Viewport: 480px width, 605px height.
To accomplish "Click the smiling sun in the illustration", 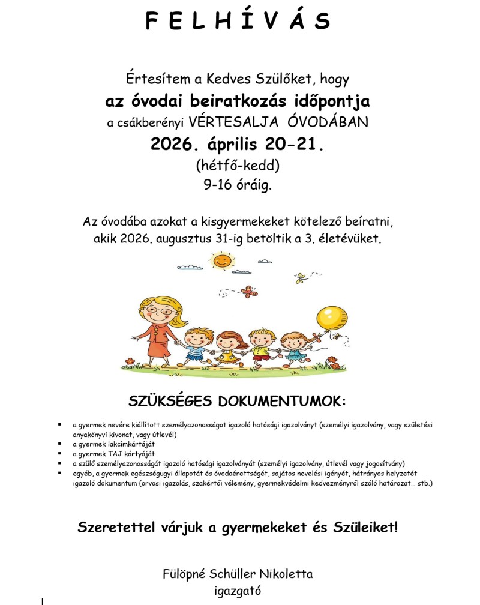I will click(x=222, y=260).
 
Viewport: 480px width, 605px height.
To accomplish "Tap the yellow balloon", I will click(x=332, y=318).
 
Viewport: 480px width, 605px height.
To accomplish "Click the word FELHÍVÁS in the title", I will click(x=238, y=22).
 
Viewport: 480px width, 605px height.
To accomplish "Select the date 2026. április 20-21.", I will click(x=238, y=144).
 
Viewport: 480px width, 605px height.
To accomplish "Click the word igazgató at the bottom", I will click(x=238, y=591).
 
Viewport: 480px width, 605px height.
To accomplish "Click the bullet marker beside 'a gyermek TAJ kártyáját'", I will click(x=60, y=453).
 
